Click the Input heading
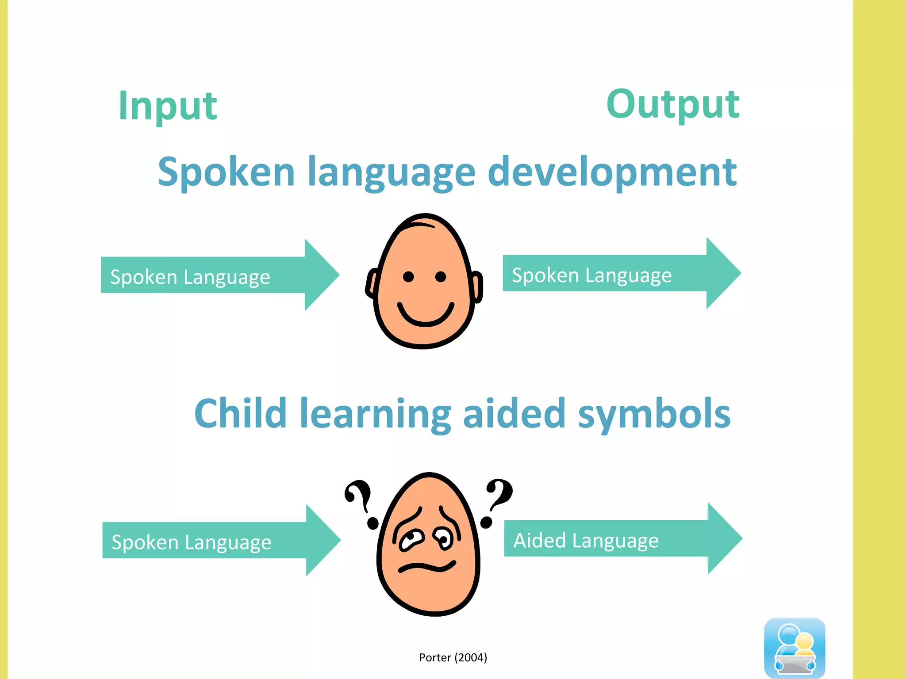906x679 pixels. coord(168,106)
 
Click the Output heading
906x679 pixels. coord(672,104)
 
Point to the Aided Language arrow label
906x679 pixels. coord(586,540)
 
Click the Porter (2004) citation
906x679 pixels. coord(453,657)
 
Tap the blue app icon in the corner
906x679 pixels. coord(794,648)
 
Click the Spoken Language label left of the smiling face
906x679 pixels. coord(190,277)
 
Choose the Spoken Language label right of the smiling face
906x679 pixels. coord(591,275)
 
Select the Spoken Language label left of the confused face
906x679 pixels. coord(191,542)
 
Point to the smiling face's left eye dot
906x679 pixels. coord(408,277)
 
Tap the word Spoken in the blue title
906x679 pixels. coord(226,172)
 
